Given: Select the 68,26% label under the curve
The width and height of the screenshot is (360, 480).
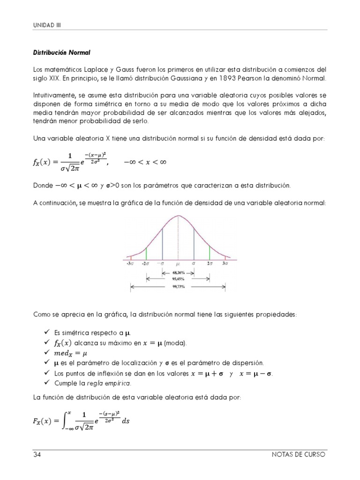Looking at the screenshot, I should [178, 272].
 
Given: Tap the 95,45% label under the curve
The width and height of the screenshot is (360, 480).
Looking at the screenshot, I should [178, 278].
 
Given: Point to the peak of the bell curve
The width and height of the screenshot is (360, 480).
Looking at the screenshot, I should [178, 216].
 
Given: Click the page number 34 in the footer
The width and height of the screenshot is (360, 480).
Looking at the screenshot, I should [37, 455].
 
